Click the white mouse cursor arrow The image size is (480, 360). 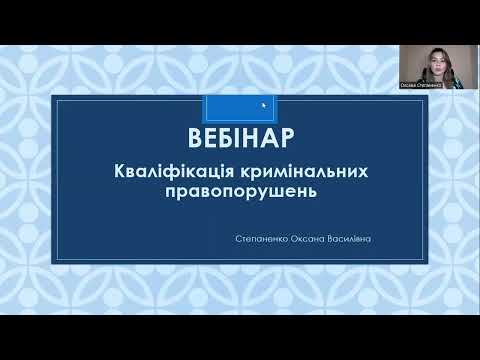point(264,105)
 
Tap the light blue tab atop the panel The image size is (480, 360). point(240,106)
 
